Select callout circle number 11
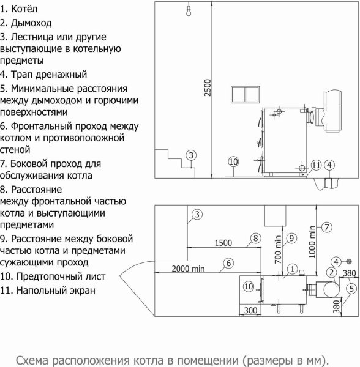(316, 165)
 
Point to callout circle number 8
(255, 238)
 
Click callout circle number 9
(291, 238)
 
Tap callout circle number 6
(227, 263)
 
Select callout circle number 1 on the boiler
(293, 267)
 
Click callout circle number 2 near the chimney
(331, 273)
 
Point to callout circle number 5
(351, 288)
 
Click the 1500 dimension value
(224, 243)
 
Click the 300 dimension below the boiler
(250, 311)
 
